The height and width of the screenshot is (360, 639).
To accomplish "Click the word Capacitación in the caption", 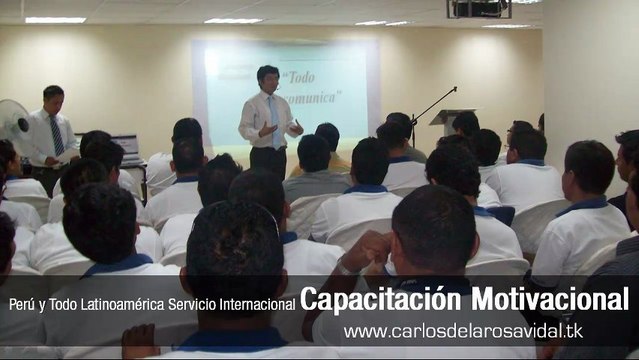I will pos(365,300).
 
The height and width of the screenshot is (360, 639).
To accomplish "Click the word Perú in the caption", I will pos(22,303).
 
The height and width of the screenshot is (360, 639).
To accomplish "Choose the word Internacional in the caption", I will pos(256,303).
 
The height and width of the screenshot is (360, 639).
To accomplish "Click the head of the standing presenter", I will pos(267,76).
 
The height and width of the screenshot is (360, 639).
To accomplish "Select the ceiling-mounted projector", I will pos(477,9).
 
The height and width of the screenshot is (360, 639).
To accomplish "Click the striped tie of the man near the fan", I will pos(57,135).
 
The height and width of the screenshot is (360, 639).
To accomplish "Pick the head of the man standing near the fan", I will pos(53,97).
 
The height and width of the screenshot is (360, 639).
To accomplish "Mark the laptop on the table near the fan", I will pos(124,147).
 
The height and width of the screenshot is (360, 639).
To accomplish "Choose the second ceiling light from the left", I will pos(233,20).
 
